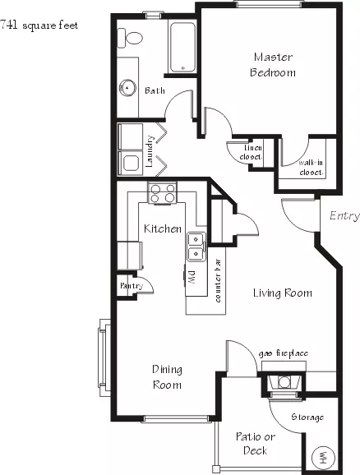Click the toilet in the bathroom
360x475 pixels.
130,38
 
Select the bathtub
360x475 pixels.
182,48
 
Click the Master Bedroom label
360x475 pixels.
273,65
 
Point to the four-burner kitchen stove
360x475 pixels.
163,193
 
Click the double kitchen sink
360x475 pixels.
196,247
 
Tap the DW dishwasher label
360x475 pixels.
192,278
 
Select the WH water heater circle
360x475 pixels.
323,457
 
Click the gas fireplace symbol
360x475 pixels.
284,383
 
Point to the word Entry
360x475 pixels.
344,215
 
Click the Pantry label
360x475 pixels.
132,285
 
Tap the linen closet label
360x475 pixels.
252,152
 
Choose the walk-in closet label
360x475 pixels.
311,168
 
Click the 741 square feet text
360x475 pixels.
39,25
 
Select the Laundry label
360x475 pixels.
150,151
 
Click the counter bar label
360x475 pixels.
218,280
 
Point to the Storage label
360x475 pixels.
307,417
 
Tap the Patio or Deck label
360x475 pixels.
256,444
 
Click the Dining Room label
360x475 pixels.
168,377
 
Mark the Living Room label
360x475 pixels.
283,293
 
